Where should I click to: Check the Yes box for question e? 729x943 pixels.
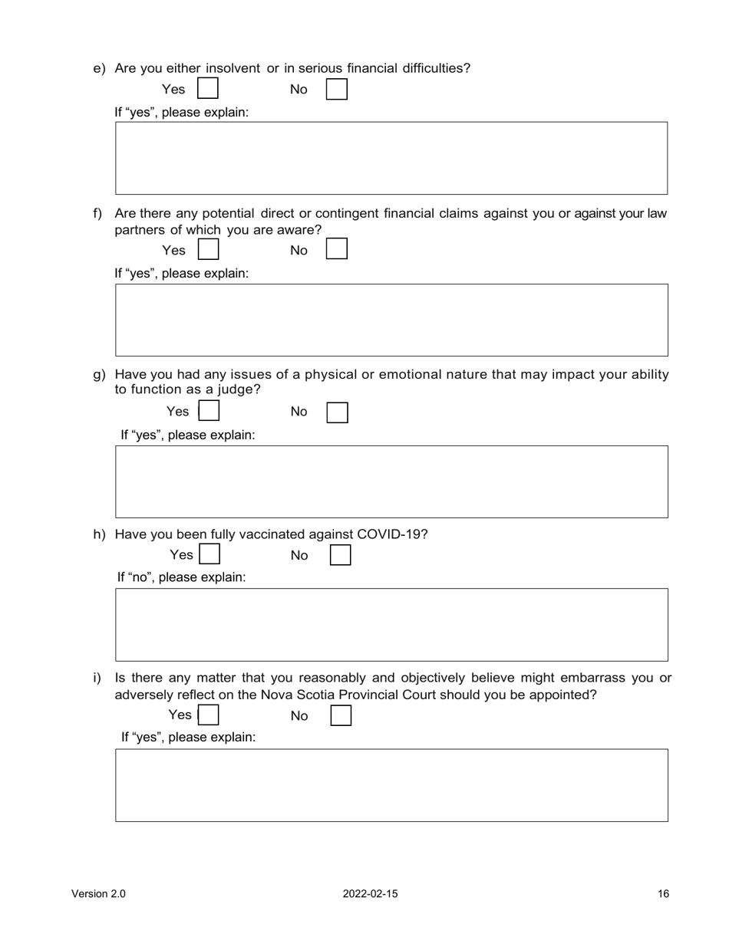pos(208,89)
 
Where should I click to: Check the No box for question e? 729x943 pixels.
pos(337,90)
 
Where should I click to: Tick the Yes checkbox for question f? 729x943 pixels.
pos(208,250)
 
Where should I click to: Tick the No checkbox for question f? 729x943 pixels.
pos(337,250)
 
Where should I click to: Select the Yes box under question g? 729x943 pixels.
pos(209,412)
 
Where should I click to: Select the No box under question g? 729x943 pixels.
pos(338,412)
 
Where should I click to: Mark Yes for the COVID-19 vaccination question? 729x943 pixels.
pos(209,554)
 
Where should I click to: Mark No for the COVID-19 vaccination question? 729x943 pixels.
pos(340,555)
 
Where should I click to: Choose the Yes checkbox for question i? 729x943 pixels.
pos(209,715)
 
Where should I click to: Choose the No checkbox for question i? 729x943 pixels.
pos(341,715)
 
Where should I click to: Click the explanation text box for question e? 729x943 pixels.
pos(391,158)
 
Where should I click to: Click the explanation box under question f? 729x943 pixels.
pos(391,320)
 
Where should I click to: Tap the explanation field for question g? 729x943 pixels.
pos(391,481)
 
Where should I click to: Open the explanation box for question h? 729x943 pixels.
pos(391,625)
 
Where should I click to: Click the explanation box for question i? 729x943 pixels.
pos(391,785)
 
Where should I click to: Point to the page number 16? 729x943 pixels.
pos(663,894)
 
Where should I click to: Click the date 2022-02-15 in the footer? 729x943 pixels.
pos(370,894)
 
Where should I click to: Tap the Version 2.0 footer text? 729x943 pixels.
pos(98,894)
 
